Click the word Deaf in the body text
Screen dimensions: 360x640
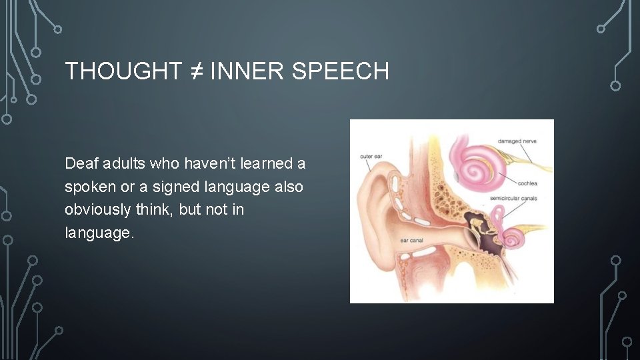point(79,163)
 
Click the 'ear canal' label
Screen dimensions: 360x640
point(413,240)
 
